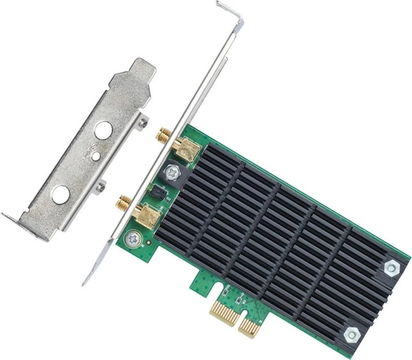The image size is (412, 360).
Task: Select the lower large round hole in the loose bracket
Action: pyautogui.click(x=60, y=194)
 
